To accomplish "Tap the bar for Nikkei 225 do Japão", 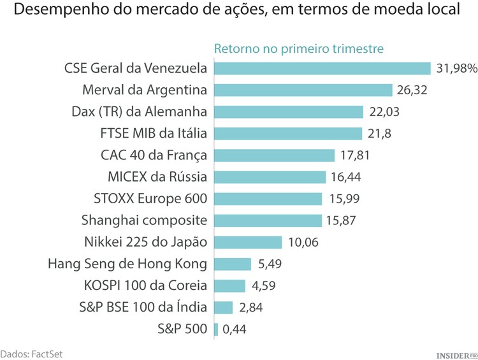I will click(248, 242).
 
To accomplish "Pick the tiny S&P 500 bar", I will click(216, 329).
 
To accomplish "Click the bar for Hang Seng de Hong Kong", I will click(233, 264).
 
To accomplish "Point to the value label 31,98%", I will click(456, 68).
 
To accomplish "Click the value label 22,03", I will click(384, 112).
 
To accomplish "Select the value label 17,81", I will click(355, 155).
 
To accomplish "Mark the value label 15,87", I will click(342, 220).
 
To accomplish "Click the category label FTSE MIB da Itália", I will click(154, 133).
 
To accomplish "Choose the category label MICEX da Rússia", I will click(158, 176).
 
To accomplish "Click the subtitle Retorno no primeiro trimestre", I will click(298, 49).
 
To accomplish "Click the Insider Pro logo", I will click(456, 354).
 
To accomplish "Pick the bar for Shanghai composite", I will click(268, 220).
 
